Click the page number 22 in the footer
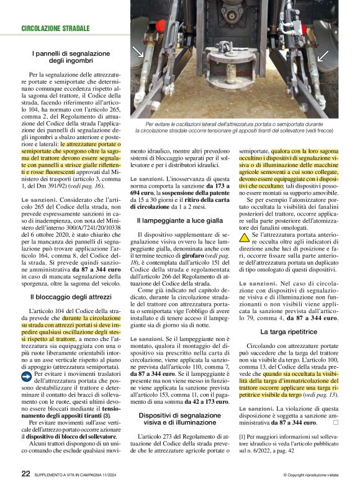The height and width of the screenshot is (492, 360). [25, 473]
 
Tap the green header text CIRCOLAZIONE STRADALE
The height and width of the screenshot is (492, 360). [55, 29]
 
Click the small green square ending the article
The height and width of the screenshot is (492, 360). [335, 422]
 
